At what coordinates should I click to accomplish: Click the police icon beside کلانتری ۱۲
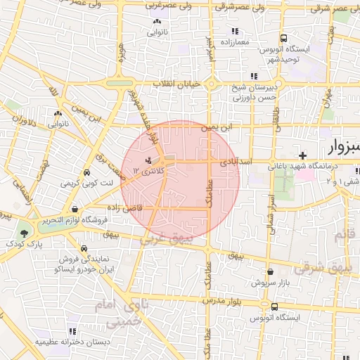(148, 161)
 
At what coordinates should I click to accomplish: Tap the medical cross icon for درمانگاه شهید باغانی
(302, 155)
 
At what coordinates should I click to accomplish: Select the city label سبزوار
(343, 147)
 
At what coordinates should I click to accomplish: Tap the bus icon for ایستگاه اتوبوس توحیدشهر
(283, 38)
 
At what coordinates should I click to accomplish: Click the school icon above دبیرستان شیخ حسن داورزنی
(253, 77)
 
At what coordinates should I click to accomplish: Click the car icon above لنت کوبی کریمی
(86, 173)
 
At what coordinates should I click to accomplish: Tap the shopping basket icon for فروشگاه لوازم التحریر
(75, 209)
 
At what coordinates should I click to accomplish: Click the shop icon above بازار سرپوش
(270, 271)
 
